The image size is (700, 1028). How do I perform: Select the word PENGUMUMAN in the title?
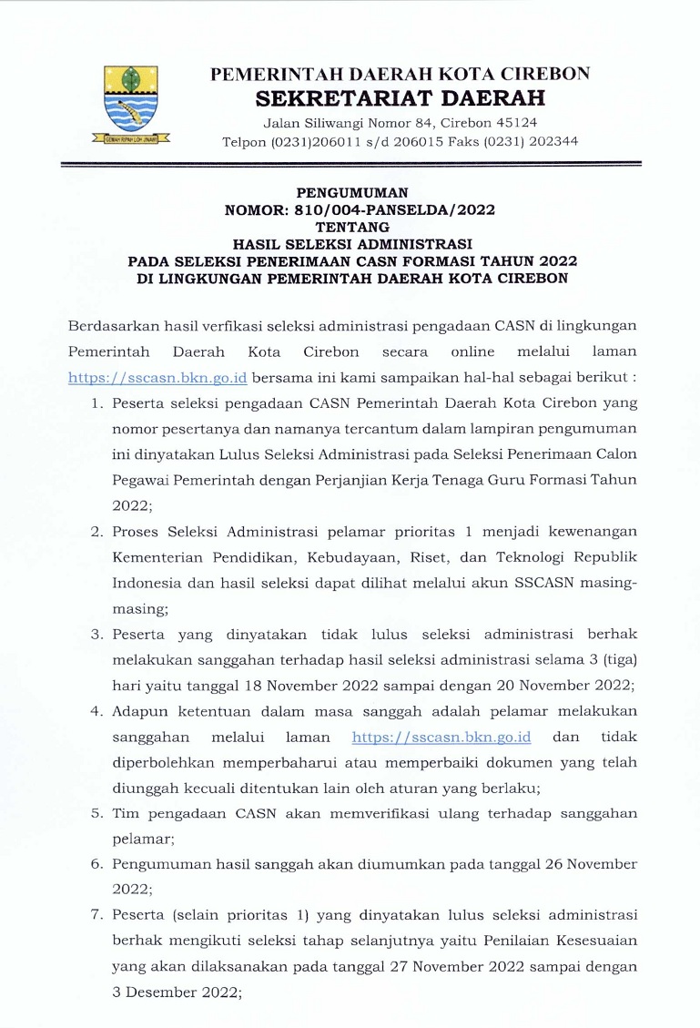coord(352,193)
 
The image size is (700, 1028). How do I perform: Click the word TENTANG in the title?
coord(352,228)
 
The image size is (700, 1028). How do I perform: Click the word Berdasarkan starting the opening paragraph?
coord(113,325)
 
